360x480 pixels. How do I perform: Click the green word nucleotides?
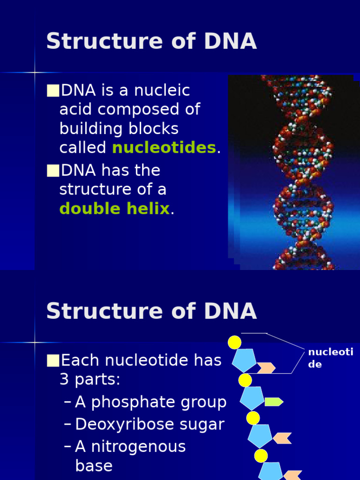click(164, 148)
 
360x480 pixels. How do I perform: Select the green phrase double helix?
click(114, 209)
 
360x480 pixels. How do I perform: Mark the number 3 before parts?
click(64, 380)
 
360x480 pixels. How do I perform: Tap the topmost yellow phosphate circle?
click(234, 343)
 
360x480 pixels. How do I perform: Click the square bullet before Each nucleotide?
click(53, 360)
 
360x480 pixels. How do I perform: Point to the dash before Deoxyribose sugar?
click(67, 425)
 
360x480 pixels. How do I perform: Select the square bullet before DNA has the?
click(53, 171)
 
